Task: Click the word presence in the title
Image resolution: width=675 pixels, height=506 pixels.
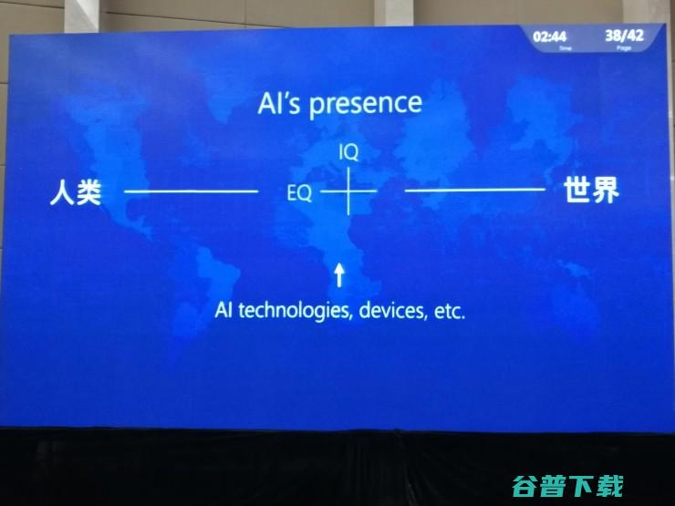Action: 365,104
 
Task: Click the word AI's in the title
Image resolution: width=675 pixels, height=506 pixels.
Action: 279,104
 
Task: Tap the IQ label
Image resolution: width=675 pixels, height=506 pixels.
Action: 348,153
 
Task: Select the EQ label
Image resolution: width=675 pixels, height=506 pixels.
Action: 299,193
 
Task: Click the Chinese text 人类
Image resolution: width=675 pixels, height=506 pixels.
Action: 75,192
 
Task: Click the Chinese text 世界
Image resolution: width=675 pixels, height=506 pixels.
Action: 591,191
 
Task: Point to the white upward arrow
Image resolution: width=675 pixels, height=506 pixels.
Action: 339,274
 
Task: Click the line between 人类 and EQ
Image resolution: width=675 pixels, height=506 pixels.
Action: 191,191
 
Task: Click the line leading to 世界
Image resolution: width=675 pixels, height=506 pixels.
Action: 474,190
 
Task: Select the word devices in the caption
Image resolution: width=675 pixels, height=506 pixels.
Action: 392,310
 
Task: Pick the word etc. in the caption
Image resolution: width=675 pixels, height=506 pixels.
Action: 449,310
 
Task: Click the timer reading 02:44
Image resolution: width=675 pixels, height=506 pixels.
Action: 550,36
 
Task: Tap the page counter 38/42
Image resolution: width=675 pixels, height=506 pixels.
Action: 624,36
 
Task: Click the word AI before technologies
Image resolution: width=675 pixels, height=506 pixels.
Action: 223,310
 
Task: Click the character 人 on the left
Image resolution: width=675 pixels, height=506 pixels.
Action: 62,192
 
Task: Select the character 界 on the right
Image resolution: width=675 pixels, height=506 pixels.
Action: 605,191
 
